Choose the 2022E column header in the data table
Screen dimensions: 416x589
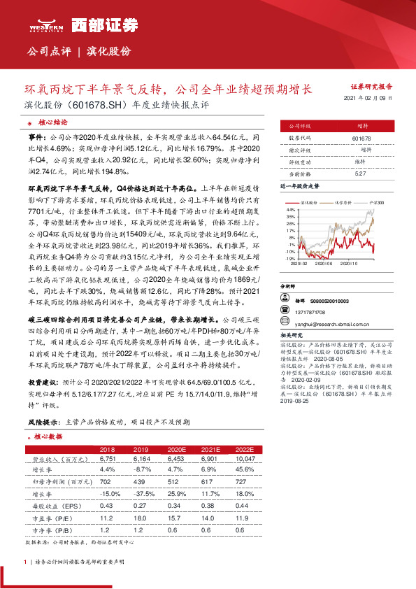click(x=244, y=449)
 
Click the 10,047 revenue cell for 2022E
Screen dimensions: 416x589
click(x=244, y=459)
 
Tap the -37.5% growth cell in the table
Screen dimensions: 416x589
click(x=141, y=493)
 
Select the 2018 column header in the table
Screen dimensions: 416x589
click(x=108, y=449)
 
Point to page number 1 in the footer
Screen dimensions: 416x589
click(x=25, y=561)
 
